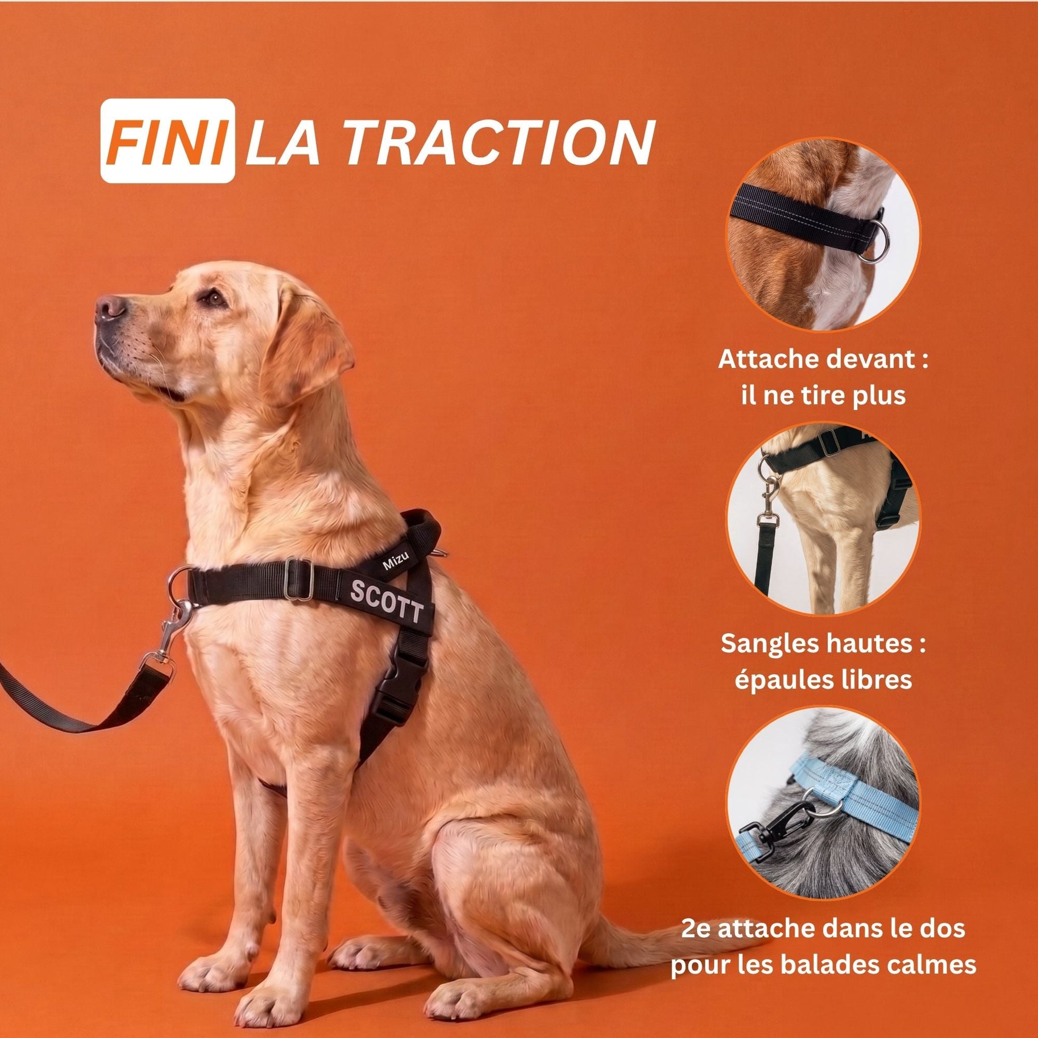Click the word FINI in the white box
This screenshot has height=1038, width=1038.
(x=167, y=141)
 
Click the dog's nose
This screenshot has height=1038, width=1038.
(x=110, y=307)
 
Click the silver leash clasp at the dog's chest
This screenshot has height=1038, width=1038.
(x=172, y=632)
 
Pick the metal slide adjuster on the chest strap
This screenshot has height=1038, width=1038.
(x=299, y=580)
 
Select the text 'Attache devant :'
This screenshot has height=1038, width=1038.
(x=823, y=360)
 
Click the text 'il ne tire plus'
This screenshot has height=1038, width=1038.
(x=823, y=396)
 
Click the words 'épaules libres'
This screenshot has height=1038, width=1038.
(x=824, y=680)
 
